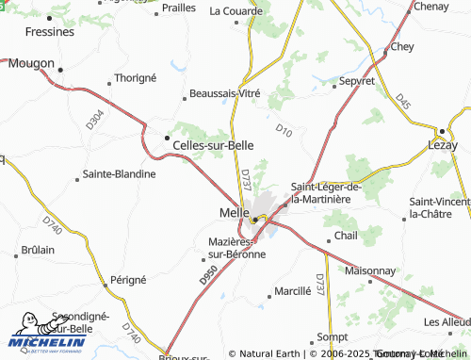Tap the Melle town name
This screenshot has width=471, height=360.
(x=220, y=213)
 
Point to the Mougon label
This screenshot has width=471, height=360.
(x=31, y=64)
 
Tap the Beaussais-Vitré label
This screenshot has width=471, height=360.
(x=224, y=93)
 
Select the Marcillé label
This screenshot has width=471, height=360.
(x=292, y=290)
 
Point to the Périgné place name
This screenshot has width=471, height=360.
(x=129, y=279)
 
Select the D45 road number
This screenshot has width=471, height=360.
(x=404, y=101)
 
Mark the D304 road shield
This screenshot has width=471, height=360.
(x=93, y=118)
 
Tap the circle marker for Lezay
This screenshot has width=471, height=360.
(x=440, y=130)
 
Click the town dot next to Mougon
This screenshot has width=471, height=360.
(x=58, y=67)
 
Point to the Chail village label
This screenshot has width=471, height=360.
(x=347, y=235)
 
